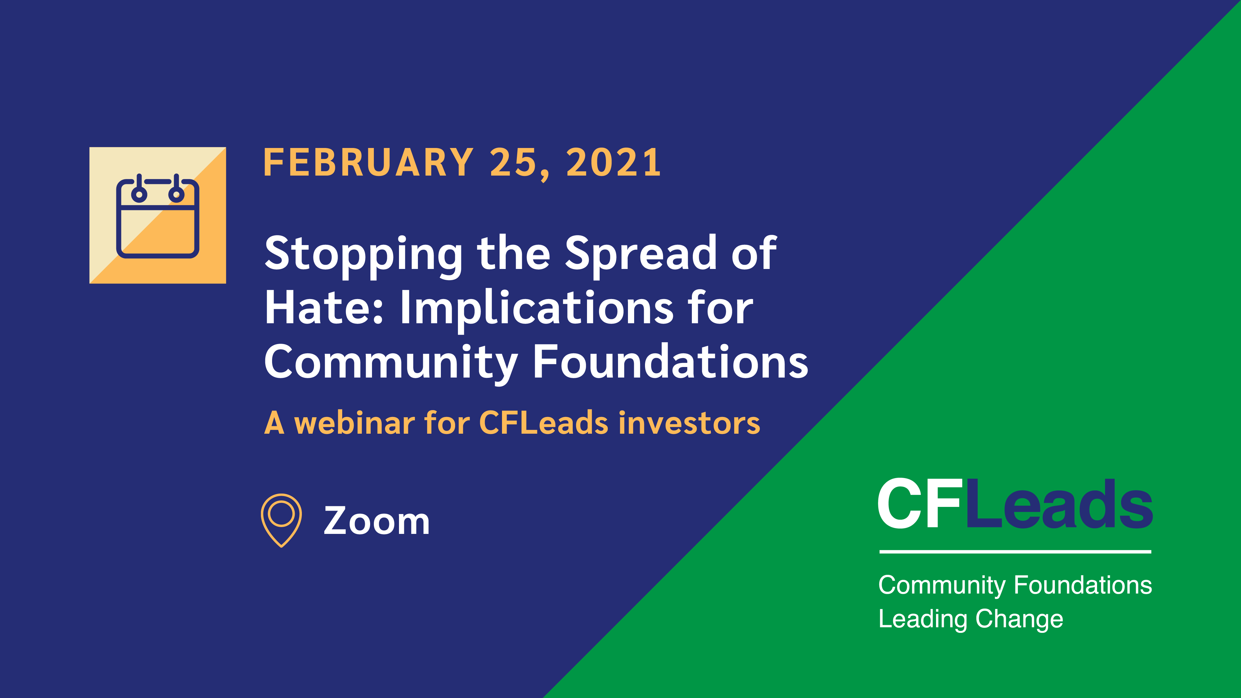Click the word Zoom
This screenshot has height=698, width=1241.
click(376, 521)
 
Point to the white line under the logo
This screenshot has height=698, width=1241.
click(1015, 552)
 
